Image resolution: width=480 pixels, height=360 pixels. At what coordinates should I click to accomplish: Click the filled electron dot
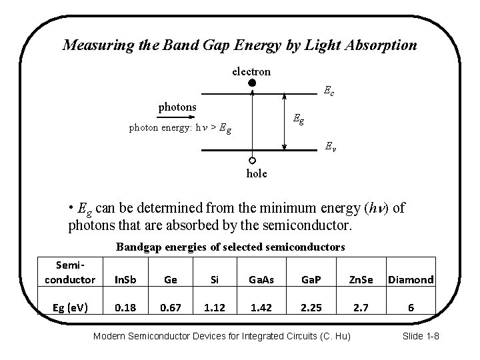[252, 83]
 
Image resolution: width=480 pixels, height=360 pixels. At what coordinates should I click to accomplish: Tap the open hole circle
[252, 161]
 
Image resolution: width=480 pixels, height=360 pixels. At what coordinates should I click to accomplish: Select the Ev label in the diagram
[330, 147]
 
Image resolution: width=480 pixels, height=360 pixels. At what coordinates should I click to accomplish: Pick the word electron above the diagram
[251, 71]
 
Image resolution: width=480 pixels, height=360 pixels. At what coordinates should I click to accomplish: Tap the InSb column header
[125, 279]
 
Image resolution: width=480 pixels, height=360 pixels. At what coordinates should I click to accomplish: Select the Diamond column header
[411, 279]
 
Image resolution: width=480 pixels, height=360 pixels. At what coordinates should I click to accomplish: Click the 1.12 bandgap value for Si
[214, 307]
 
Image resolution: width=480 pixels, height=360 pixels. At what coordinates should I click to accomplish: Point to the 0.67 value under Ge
[170, 307]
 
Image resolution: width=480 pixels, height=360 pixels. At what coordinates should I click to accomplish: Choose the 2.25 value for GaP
[311, 307]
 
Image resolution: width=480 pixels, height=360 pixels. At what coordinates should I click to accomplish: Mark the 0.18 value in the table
[125, 307]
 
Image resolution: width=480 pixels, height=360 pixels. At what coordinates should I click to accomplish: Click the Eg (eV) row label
[70, 307]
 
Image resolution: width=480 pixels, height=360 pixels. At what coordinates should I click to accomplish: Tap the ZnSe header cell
[363, 279]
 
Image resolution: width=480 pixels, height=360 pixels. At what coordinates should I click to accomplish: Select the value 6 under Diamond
[411, 307]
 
